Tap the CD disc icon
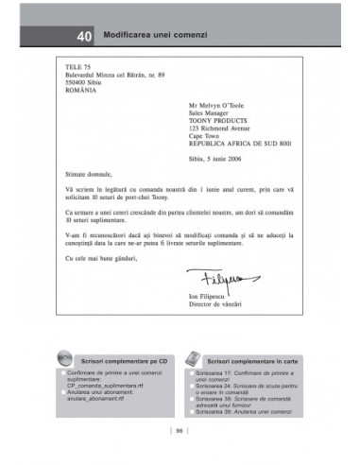click(63, 358)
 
